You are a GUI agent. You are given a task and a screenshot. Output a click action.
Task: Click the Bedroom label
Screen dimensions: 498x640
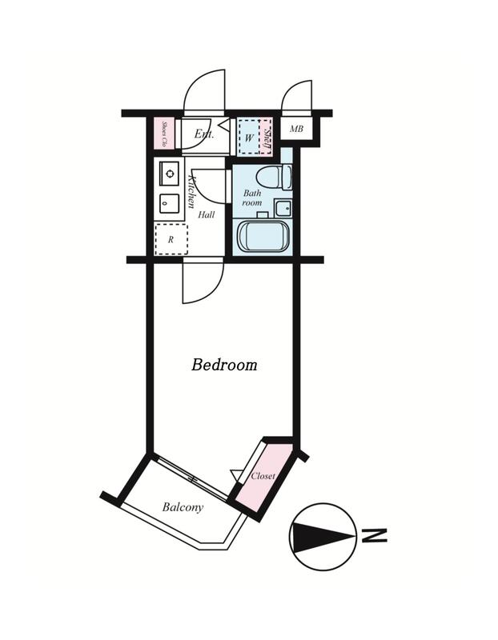click(224, 365)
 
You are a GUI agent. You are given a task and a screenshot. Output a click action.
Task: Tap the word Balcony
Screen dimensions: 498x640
click(183, 507)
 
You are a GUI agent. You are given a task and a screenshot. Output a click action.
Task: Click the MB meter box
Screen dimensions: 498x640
click(296, 129)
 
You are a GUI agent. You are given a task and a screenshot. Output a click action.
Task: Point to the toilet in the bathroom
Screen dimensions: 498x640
click(274, 177)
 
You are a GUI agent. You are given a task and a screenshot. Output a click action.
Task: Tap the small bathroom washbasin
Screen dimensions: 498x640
click(283, 209)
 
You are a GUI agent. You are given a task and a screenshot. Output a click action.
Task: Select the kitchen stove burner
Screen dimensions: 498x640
click(169, 173)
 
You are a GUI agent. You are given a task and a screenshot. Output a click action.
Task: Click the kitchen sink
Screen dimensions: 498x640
click(169, 203)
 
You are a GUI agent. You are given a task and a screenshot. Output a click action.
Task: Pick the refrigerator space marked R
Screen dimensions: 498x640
click(171, 239)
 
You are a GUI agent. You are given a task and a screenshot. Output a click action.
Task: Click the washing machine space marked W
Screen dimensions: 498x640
click(249, 137)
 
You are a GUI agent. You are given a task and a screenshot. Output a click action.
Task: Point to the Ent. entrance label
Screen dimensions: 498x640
click(203, 133)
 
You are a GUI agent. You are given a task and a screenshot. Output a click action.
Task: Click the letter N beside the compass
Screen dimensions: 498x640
click(374, 535)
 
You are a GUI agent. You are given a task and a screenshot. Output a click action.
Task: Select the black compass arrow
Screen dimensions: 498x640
click(323, 535)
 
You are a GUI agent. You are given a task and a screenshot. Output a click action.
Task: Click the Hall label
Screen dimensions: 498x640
click(207, 214)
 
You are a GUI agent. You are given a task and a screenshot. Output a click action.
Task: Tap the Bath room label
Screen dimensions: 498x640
click(252, 198)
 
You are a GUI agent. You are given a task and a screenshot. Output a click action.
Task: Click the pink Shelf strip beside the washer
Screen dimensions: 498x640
click(267, 137)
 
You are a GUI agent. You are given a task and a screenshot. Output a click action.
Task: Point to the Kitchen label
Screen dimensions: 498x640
click(191, 191)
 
